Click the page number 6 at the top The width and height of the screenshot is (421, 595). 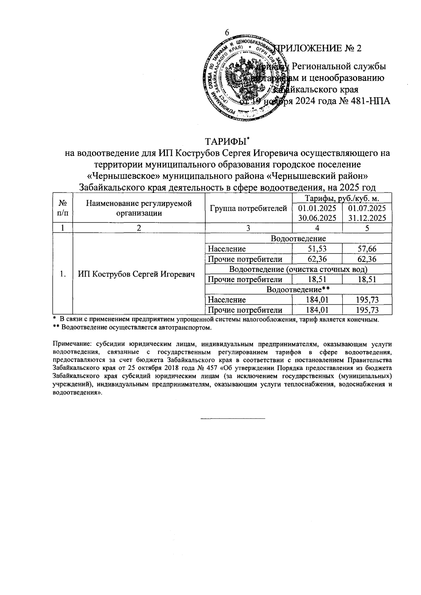pyautogui.click(x=227, y=32)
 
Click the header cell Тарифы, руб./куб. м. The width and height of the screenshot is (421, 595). pyautogui.click(x=341, y=198)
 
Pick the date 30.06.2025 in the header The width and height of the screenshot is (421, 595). pyautogui.click(x=317, y=218)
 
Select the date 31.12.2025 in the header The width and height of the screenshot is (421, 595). pyautogui.click(x=367, y=218)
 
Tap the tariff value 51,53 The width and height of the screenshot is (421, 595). pyautogui.click(x=317, y=249)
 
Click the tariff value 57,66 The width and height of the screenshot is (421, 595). pyautogui.click(x=367, y=249)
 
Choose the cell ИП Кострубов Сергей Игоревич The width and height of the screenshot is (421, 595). pyautogui.click(x=136, y=274)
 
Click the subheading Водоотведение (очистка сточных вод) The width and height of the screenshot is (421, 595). pyautogui.click(x=298, y=269)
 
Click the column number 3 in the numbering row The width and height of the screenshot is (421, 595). pyautogui.click(x=248, y=228)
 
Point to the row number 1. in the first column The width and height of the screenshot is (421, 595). pyautogui.click(x=62, y=274)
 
